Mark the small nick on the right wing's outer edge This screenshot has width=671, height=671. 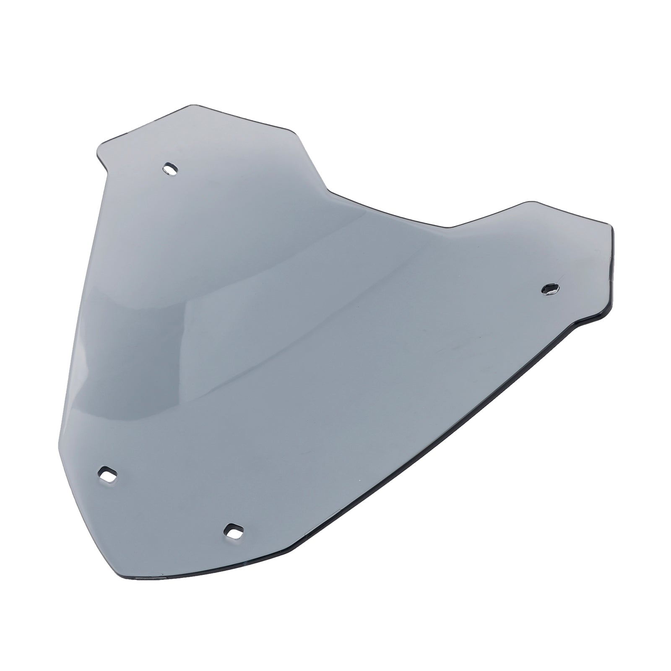(x=609, y=263)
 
